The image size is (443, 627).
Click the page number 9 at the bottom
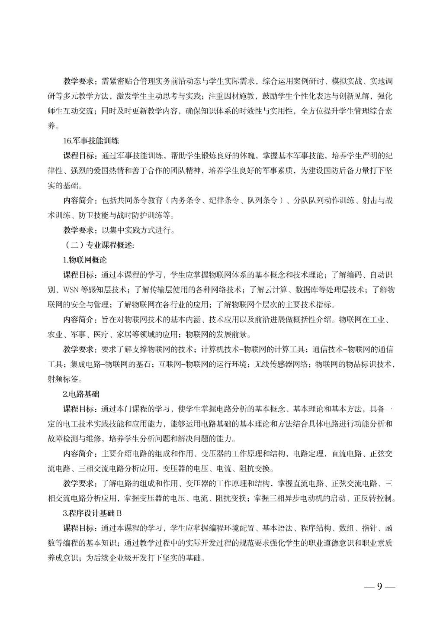pyautogui.click(x=379, y=587)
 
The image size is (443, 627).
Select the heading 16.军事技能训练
pyautogui.click(x=91, y=141)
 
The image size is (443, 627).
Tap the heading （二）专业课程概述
pyautogui.click(x=99, y=245)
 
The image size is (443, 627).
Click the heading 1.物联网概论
pyautogui.click(x=84, y=260)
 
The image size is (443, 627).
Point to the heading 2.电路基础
pyautogui.click(x=81, y=394)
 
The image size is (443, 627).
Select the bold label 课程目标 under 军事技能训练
pyautogui.click(x=78, y=156)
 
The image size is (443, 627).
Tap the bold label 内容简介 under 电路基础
pyautogui.click(x=78, y=454)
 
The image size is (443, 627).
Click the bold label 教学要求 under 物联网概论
pyautogui.click(x=78, y=349)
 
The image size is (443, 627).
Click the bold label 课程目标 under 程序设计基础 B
pyautogui.click(x=78, y=528)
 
